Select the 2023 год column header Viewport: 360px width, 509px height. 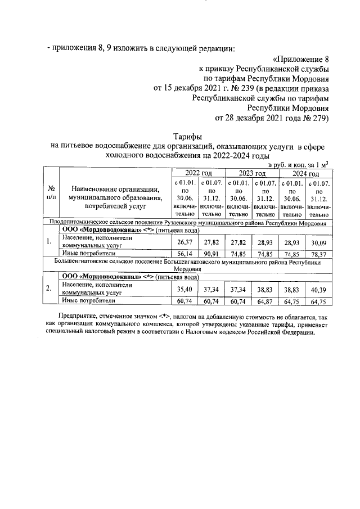pyautogui.click(x=252, y=173)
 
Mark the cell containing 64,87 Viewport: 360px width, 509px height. pyautogui.click(x=265, y=301)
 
